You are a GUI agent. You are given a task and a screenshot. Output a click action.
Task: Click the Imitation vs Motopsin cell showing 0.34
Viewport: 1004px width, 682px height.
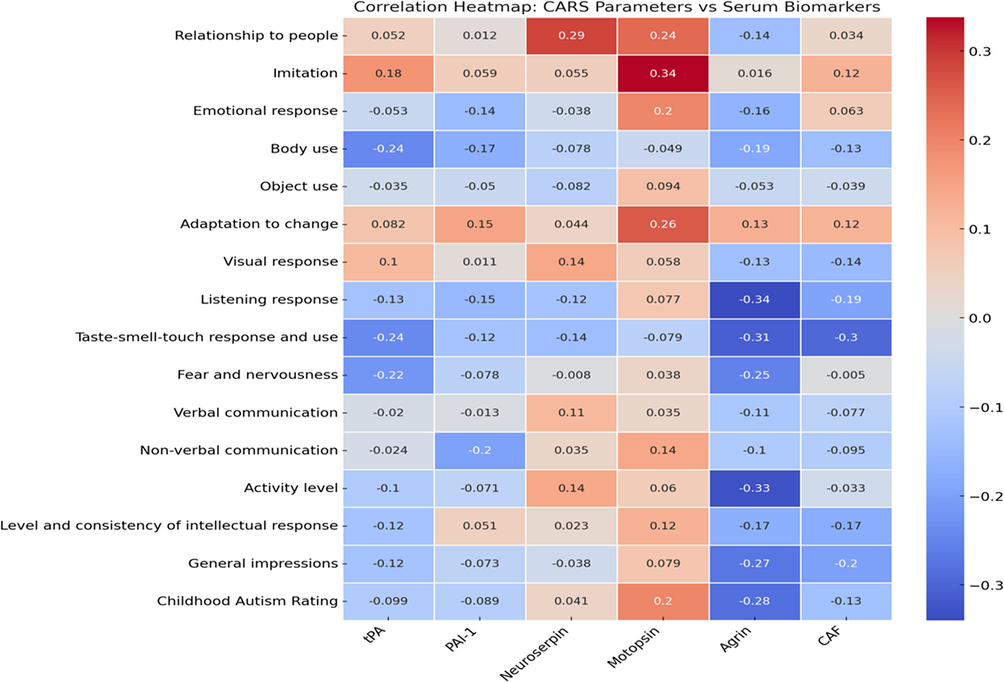click(662, 74)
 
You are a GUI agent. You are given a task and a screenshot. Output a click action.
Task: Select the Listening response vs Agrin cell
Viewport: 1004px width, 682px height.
click(754, 299)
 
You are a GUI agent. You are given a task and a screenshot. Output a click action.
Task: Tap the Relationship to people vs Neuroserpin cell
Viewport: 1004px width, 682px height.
click(571, 36)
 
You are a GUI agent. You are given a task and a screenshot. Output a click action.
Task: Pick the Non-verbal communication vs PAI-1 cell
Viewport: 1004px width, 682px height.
click(480, 450)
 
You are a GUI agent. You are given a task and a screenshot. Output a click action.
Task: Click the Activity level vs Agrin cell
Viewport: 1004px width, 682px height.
click(754, 488)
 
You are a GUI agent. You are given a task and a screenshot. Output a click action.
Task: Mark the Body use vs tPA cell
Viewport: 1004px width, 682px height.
click(388, 149)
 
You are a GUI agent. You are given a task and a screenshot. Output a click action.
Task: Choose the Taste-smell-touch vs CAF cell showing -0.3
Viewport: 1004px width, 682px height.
click(846, 338)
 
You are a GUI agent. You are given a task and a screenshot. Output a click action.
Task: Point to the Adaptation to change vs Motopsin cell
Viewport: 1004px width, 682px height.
click(662, 224)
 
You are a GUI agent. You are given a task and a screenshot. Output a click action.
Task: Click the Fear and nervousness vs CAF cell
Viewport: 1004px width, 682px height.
click(846, 375)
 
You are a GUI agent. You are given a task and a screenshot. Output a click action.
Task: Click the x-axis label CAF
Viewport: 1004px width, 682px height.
click(830, 637)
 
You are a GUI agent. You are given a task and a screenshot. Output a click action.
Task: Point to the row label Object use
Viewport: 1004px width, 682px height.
click(299, 186)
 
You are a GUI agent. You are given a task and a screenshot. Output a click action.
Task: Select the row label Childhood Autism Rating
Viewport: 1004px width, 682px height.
click(247, 601)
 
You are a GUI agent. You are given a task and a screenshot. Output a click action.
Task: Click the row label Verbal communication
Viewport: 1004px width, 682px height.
click(255, 413)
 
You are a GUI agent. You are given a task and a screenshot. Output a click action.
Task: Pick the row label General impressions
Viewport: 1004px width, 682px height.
click(262, 563)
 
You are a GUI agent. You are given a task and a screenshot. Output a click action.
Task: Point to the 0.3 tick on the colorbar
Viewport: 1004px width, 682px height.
click(979, 52)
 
